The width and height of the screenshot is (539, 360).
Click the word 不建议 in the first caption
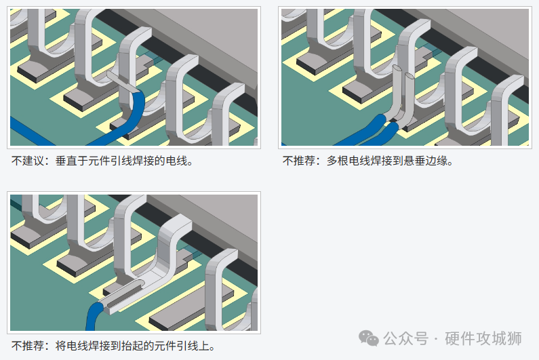click(x=28, y=161)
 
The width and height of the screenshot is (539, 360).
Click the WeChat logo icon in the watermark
click(x=369, y=338)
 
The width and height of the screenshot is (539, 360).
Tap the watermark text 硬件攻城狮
click(x=483, y=338)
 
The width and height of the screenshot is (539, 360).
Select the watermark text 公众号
click(x=406, y=338)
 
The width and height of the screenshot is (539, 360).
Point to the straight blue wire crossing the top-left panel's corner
click(x=31, y=131)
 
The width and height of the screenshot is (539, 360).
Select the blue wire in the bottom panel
click(x=93, y=317)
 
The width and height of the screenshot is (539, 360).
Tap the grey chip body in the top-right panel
click(x=481, y=35)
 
